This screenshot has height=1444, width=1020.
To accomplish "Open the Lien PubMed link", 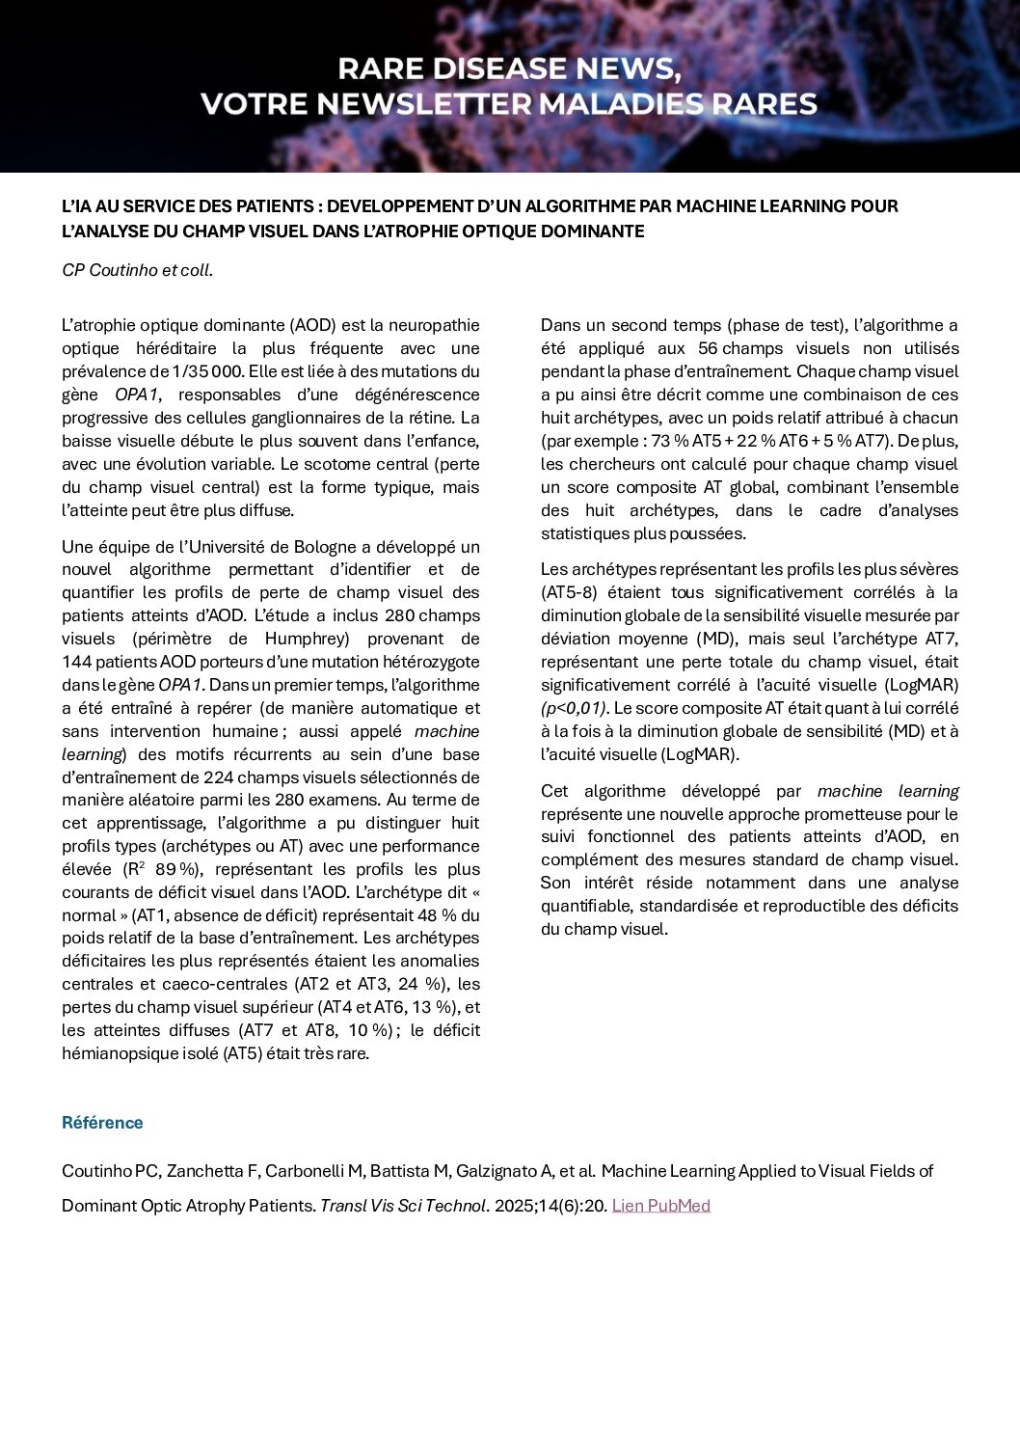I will pos(660,1206).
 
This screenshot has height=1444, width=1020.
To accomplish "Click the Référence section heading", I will pos(102,1123).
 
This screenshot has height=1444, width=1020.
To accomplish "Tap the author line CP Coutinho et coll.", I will pos(137,271).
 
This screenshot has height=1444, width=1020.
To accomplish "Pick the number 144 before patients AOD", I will pos(77,662).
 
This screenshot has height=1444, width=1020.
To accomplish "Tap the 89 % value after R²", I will pos(174,870).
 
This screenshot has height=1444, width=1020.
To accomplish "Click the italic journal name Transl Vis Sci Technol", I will pos(405,1206).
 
